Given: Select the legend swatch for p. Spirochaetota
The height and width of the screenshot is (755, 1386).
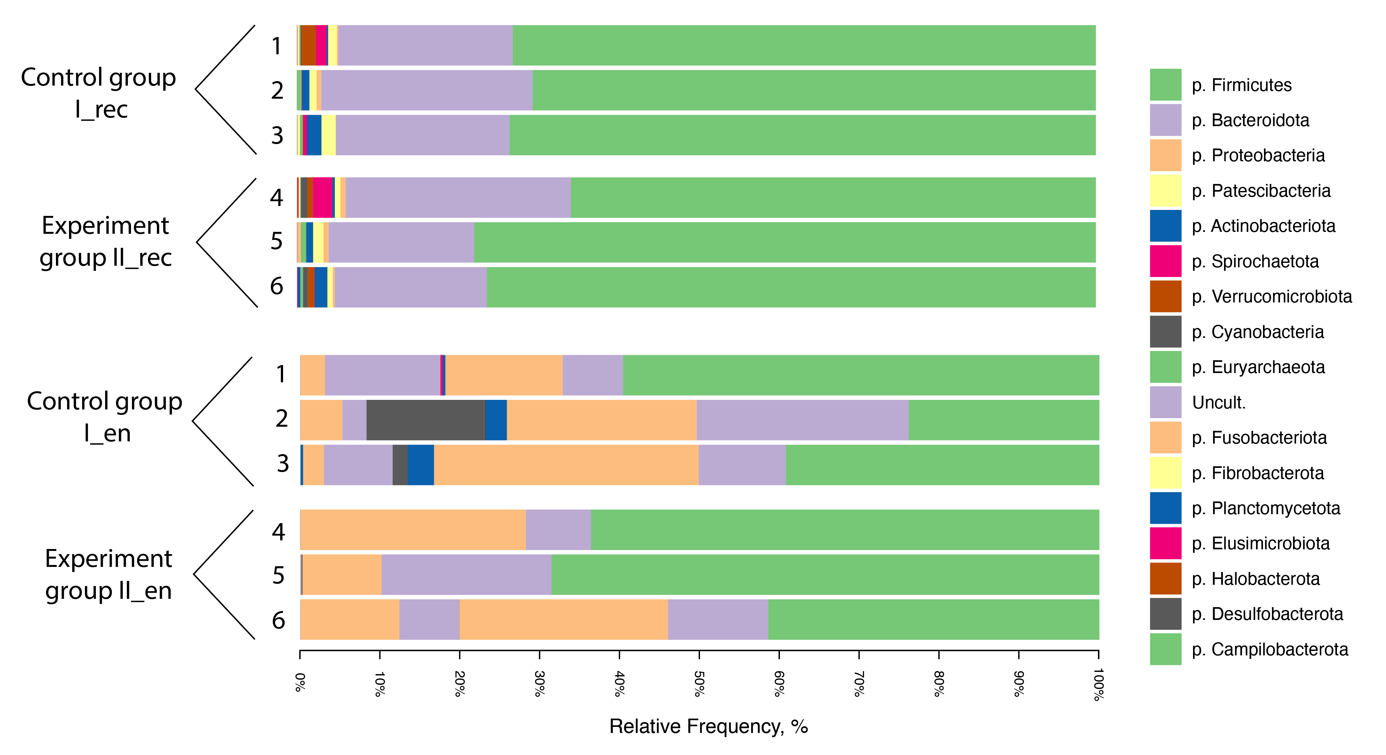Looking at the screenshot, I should pyautogui.click(x=1166, y=261).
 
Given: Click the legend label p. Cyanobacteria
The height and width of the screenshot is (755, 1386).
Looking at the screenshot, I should pyautogui.click(x=1258, y=332).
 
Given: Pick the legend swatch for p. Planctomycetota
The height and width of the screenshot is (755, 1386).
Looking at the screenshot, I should pyautogui.click(x=1166, y=507).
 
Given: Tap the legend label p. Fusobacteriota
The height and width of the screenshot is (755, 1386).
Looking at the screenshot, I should pyautogui.click(x=1259, y=438).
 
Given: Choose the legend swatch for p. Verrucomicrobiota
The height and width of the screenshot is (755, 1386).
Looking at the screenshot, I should pyautogui.click(x=1166, y=296).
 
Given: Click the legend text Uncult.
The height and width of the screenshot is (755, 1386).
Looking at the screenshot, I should pyautogui.click(x=1219, y=402).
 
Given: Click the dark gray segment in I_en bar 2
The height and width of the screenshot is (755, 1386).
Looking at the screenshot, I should pyautogui.click(x=425, y=420).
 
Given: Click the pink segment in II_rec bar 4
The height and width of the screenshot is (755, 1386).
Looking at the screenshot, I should pyautogui.click(x=322, y=197).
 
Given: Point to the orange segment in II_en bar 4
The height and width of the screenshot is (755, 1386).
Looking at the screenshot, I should pyautogui.click(x=413, y=530).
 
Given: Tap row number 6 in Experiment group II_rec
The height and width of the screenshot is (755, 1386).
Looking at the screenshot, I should pyautogui.click(x=277, y=286).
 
